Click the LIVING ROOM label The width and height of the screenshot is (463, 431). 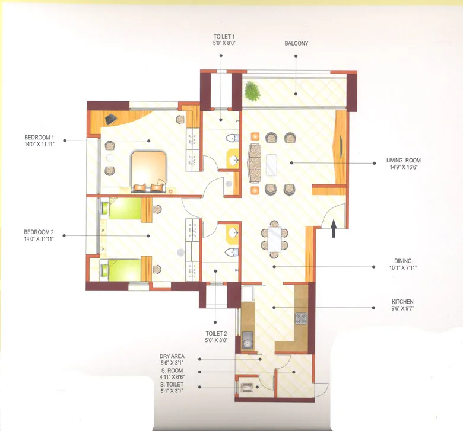(x=403, y=160)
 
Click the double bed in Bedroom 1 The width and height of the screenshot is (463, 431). (x=149, y=170)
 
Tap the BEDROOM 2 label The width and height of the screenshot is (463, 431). (x=39, y=232)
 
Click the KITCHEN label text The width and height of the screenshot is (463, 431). (x=403, y=301)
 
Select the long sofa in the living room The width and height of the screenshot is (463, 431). (x=254, y=162)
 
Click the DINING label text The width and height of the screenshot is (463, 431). (x=403, y=261)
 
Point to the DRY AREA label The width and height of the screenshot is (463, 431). (x=172, y=356)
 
